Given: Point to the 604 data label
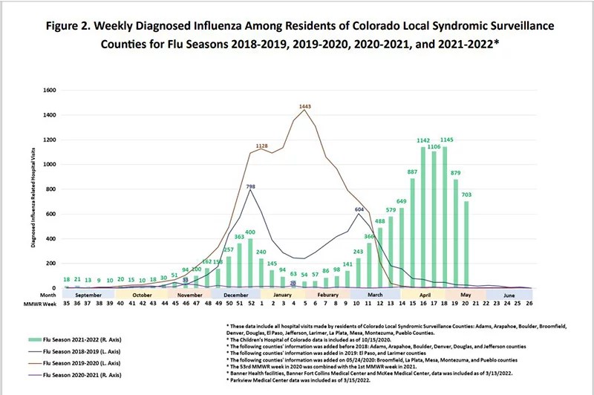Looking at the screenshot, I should [359, 210].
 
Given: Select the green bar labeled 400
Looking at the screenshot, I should [250, 263].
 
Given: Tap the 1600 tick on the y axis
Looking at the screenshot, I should [50, 91].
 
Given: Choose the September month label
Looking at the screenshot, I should [88, 294].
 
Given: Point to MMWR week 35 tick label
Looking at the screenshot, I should [66, 304].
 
